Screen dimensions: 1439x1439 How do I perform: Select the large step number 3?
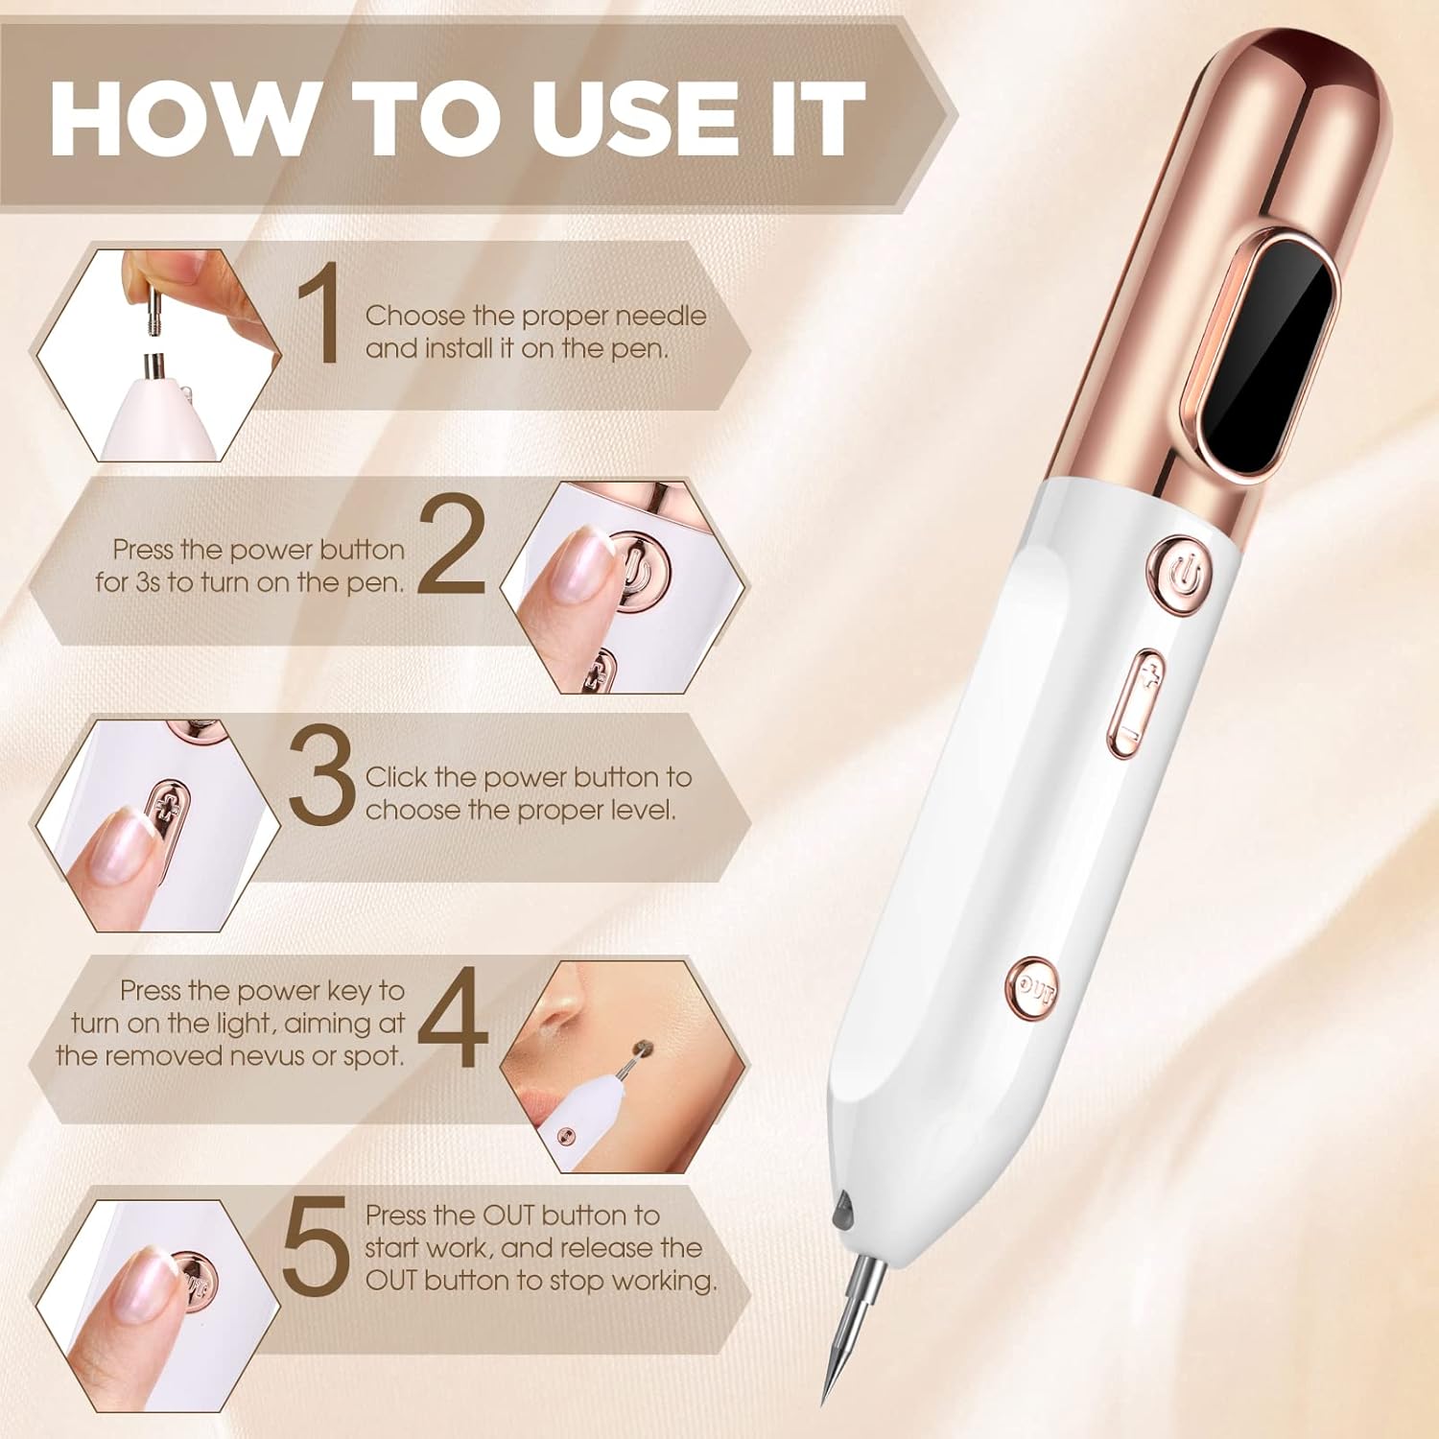322,776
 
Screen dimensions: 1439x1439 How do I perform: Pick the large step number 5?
316,1244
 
